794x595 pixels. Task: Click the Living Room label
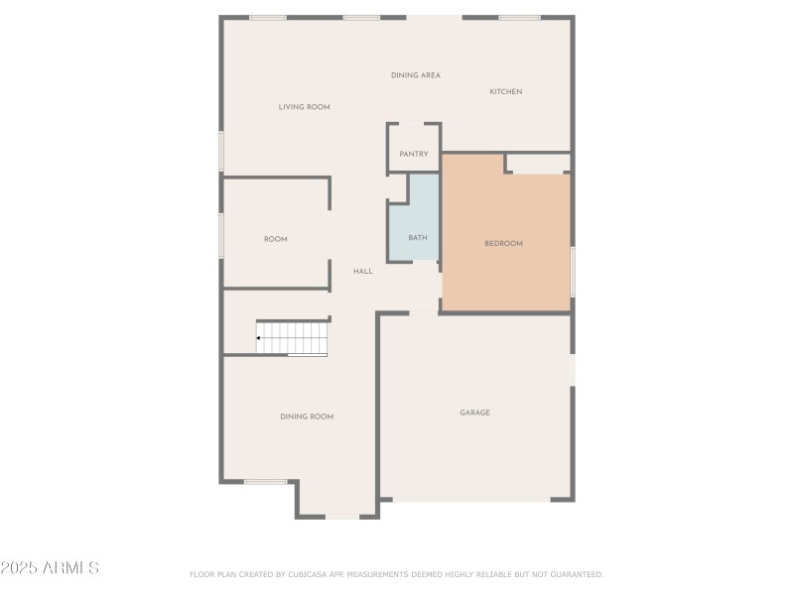tap(304, 107)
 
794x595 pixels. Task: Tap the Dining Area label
tap(415, 75)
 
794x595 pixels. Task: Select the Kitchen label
tap(505, 92)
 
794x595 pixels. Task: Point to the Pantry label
tap(413, 155)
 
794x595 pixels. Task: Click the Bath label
tap(417, 238)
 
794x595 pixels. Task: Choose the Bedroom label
tap(503, 244)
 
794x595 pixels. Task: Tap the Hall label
tap(363, 271)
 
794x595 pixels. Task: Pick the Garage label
tap(474, 413)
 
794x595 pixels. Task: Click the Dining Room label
tap(306, 417)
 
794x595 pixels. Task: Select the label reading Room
tap(275, 239)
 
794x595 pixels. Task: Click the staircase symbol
tap(293, 337)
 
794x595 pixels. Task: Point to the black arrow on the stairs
tap(259, 338)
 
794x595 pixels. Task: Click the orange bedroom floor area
tap(506, 278)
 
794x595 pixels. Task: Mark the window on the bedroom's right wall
tap(572, 271)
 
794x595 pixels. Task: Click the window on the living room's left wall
tap(221, 152)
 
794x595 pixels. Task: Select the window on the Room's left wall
tap(221, 236)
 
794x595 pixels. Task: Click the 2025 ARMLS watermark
tap(50, 568)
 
